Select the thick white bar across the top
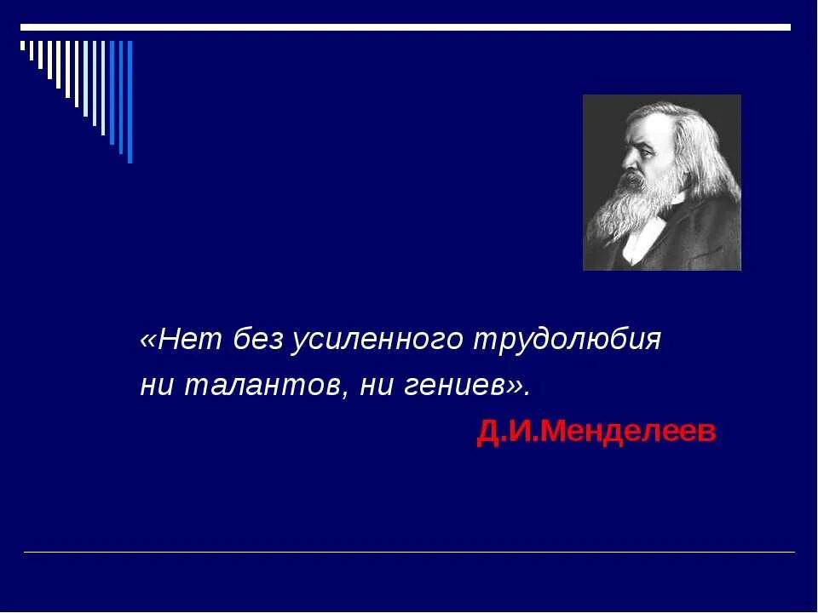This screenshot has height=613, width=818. click(406, 27)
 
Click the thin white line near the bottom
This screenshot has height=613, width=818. click(409, 553)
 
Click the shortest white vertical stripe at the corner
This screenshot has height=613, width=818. click(23, 46)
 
